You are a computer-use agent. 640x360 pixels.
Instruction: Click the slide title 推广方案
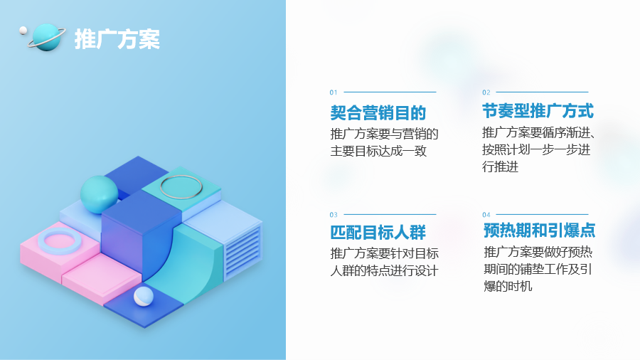coord(117,39)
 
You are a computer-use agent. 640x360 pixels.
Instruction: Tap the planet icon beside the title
coord(46,38)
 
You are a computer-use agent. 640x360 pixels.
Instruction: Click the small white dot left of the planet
coord(23,30)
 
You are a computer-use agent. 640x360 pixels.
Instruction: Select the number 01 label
coord(334,92)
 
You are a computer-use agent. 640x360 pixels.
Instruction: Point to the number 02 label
coord(486,92)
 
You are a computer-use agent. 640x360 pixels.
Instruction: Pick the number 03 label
coord(334,215)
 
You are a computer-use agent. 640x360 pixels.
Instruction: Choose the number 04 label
coord(486,215)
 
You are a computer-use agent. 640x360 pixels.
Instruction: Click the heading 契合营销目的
coord(378,112)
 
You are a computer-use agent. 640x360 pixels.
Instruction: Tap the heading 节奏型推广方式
coord(538,111)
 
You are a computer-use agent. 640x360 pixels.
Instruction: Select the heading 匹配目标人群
coord(378,232)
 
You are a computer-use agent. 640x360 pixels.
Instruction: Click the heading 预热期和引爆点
coord(539,231)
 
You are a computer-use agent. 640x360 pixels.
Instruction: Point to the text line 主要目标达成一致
coord(378,151)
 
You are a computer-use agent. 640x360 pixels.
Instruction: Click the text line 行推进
coord(501,166)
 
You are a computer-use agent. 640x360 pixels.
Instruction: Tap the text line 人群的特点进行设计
coord(384,270)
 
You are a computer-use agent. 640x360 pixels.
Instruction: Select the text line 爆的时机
coord(508,286)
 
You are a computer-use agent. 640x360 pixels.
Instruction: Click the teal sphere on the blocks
coord(99,195)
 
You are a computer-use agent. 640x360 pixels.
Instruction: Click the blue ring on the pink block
coord(60,242)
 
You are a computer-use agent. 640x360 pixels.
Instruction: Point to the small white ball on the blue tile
coord(143,297)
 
